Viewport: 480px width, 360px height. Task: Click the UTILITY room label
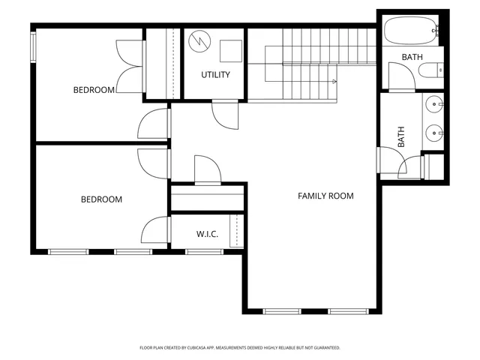click(215, 75)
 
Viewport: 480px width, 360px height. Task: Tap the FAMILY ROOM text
click(325, 196)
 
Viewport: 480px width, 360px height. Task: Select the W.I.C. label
click(208, 234)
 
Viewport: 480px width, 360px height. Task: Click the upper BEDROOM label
click(94, 90)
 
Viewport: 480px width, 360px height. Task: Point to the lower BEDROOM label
click(101, 199)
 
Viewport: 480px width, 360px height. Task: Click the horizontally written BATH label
click(412, 57)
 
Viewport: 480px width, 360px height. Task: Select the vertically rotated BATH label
click(401, 136)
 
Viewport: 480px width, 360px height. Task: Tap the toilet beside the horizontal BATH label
click(430, 72)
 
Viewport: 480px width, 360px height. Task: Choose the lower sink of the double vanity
click(435, 133)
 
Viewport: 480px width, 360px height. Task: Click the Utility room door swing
click(225, 115)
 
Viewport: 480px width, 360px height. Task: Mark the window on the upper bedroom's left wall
click(33, 46)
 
